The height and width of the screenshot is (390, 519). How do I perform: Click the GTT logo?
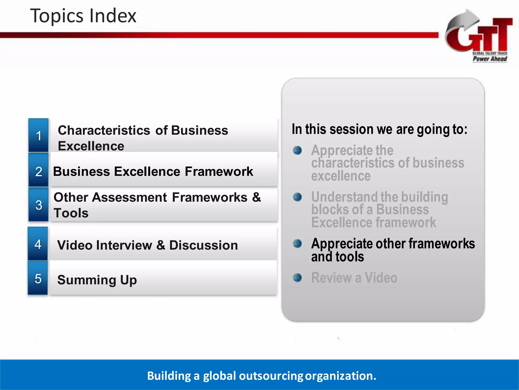(479, 36)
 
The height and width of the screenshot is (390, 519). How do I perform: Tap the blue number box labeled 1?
(39, 135)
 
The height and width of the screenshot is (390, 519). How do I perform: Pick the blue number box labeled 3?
(39, 205)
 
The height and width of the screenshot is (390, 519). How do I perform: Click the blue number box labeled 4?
(38, 244)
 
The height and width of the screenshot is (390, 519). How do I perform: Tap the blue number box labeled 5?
(38, 279)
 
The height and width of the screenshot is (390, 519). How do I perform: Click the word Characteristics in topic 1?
(104, 130)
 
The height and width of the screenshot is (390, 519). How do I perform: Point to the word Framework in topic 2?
(219, 171)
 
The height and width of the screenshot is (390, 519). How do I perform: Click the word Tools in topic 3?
(71, 213)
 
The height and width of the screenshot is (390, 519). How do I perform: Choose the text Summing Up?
(97, 280)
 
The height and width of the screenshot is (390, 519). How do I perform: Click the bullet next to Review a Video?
(297, 278)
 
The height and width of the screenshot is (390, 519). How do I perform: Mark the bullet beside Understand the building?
(297, 197)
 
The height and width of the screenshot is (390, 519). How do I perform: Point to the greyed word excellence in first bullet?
(341, 176)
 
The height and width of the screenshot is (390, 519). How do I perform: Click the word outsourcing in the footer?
(271, 376)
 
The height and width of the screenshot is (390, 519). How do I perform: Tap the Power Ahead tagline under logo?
(490, 59)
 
